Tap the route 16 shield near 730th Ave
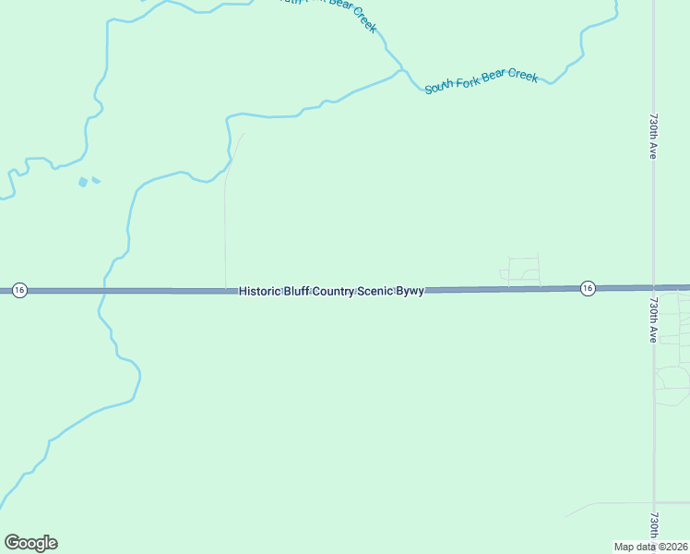coord(588,288)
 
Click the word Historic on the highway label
coord(259,291)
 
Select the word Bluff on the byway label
coord(297,291)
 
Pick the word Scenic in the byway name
coord(377,291)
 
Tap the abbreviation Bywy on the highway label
coord(410,291)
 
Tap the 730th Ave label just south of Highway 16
coord(652,319)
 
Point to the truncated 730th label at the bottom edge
coord(653,526)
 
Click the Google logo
coord(30,543)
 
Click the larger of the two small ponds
coord(83,182)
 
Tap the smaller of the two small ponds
coord(96,180)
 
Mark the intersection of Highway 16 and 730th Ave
coord(653,287)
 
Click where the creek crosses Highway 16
coord(105,291)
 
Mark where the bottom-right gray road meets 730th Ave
coord(653,503)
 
